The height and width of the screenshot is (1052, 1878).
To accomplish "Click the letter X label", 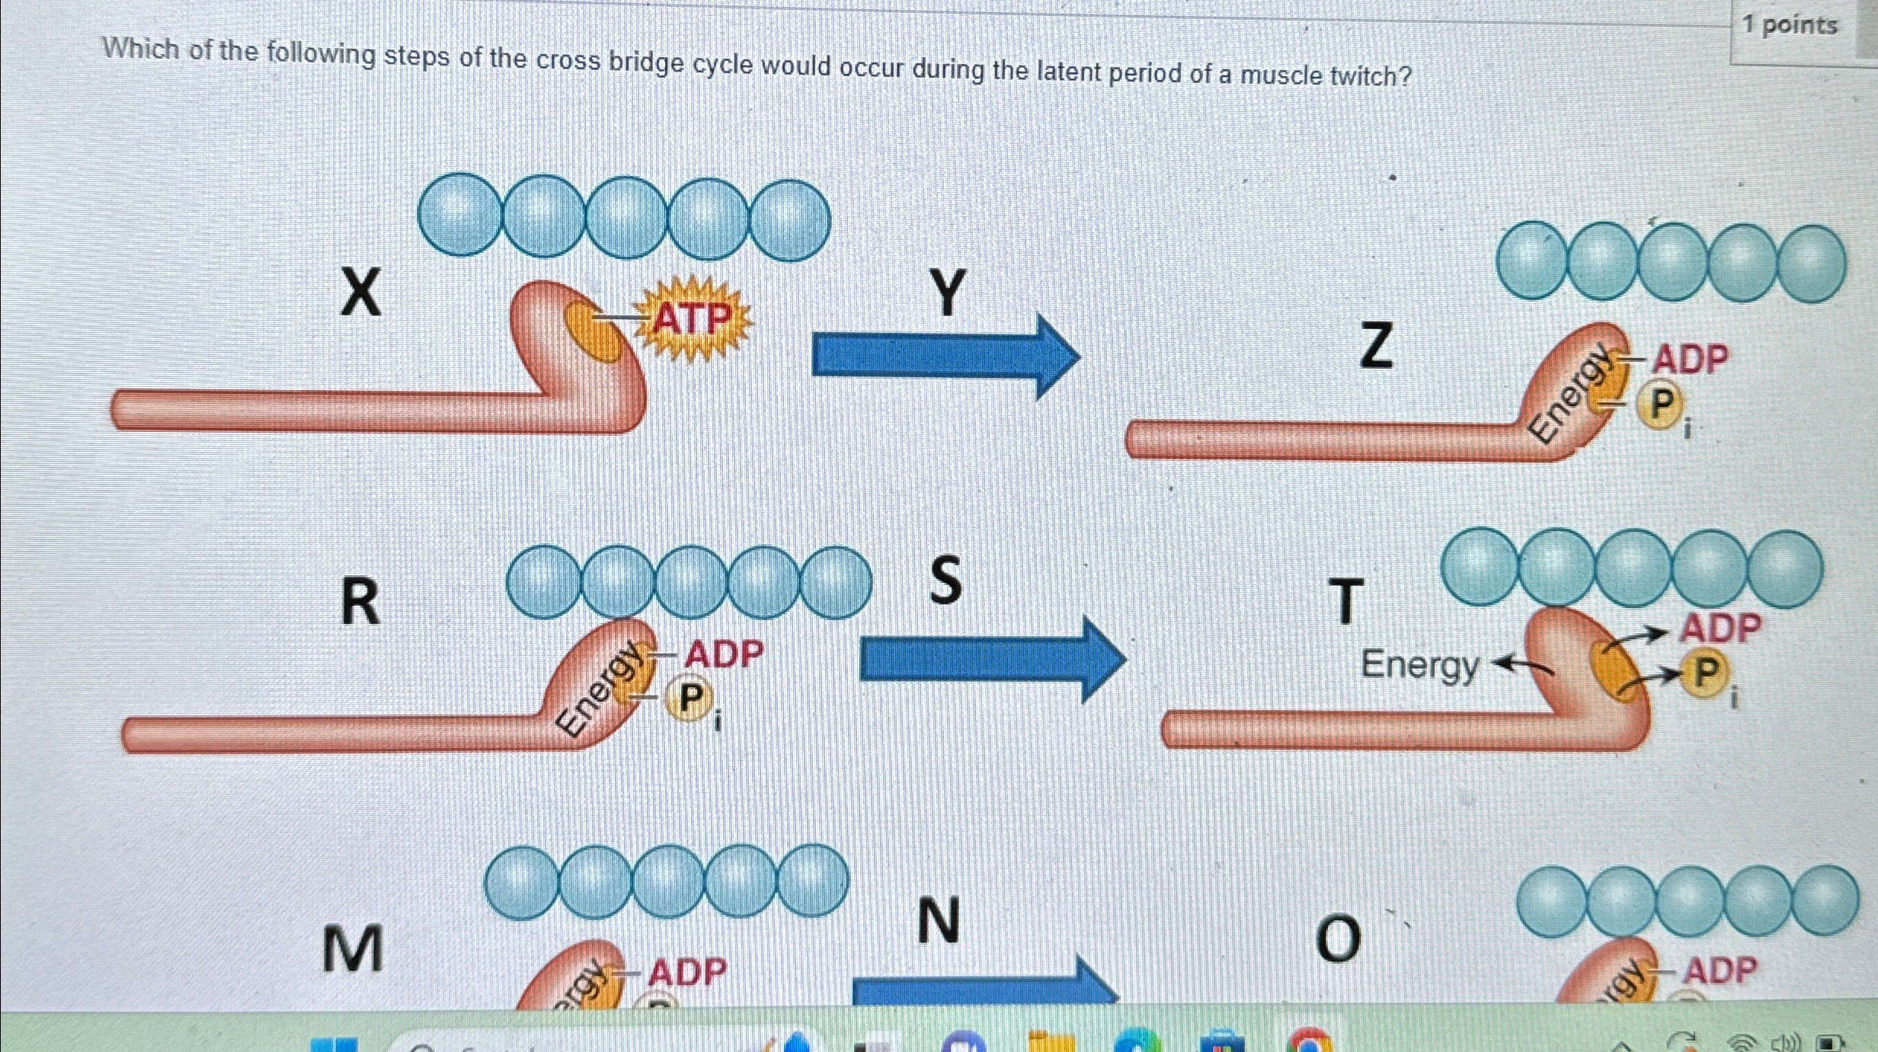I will tap(360, 293).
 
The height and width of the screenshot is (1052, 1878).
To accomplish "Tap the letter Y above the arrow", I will tap(948, 293).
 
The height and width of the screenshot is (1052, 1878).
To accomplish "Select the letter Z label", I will tap(1377, 345).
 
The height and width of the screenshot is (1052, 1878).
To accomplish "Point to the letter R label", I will tap(360, 602).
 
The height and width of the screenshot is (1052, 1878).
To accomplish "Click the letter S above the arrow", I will tap(945, 580).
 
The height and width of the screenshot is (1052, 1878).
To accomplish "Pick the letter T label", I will tap(1345, 602).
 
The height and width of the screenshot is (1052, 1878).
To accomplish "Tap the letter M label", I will tap(352, 949).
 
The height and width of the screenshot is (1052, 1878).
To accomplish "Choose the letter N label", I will tap(939, 921).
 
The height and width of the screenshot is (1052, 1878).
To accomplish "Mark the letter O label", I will tap(1338, 939).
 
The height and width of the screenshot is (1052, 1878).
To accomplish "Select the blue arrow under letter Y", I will tap(945, 357).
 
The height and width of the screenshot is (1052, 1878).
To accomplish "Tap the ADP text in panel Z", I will tap(1690, 359).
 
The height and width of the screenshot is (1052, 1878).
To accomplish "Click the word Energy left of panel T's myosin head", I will tap(1419, 665).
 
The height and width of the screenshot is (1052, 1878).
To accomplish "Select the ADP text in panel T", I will tap(1721, 628).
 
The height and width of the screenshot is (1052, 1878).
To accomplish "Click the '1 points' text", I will tap(1790, 25).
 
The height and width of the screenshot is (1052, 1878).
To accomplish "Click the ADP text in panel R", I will tap(724, 654).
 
